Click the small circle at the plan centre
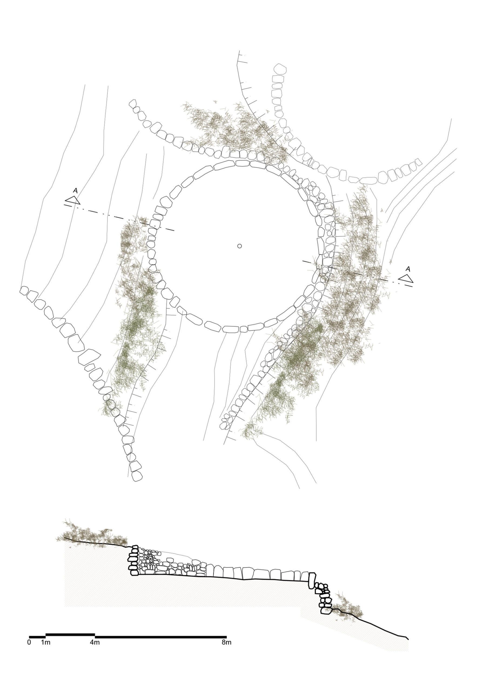point(240,246)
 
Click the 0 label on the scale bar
point(29,642)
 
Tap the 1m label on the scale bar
point(45,642)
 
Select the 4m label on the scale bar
point(95,642)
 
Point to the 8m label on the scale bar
point(227,642)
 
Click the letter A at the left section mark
point(75,191)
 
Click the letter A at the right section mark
point(408,269)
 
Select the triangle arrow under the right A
point(406,279)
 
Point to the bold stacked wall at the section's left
point(133,560)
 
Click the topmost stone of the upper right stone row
point(280,69)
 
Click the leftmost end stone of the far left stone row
point(24,291)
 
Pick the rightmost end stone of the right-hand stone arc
point(418,162)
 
